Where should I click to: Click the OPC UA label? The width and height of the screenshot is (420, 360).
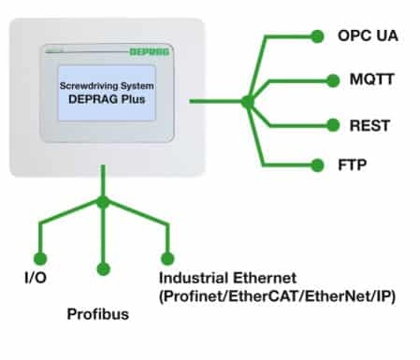tap(368, 36)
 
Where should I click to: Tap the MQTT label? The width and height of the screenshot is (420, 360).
tap(372, 79)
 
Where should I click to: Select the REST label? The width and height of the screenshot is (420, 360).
tap(369, 125)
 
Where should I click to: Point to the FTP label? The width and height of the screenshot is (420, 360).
tap(353, 165)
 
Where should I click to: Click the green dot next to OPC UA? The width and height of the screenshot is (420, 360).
tap(317, 36)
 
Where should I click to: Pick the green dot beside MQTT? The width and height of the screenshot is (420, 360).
tap(333, 80)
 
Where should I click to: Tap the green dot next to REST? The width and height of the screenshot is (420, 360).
tap(333, 125)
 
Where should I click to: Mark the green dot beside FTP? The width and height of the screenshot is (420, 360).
tap(317, 166)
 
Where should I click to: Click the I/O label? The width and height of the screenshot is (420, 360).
tap(36, 278)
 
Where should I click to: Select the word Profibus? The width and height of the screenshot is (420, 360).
tap(98, 314)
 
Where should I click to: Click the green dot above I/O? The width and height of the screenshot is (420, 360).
tap(40, 258)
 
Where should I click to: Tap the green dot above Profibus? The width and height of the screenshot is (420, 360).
tap(104, 269)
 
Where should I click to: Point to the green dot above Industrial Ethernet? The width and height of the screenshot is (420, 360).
tap(167, 258)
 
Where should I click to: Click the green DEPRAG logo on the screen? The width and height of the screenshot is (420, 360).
tap(150, 51)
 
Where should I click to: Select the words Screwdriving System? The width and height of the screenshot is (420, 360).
tap(107, 86)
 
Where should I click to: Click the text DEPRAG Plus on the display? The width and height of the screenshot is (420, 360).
tap(107, 99)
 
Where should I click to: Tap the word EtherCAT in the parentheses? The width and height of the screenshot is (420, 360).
tap(264, 296)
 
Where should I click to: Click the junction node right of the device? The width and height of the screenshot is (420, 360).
tap(248, 101)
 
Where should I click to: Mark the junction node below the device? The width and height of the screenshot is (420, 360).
tap(103, 202)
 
